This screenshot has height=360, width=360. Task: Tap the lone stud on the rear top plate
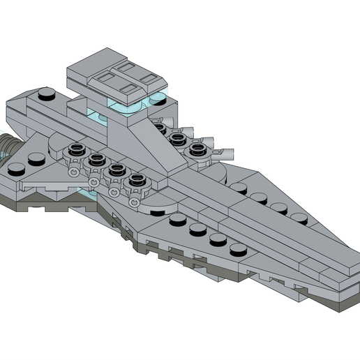pyautogui.click(x=47, y=93)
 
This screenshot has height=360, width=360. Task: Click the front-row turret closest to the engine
pyautogui.click(x=77, y=150)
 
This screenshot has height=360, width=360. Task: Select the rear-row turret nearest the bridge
pyautogui.click(x=159, y=127)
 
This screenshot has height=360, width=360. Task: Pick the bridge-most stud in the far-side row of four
pyautogui.click(x=241, y=187)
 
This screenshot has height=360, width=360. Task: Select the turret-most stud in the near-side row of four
pyautogui.click(x=177, y=220)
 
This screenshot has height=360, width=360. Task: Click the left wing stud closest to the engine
pyautogui.click(x=15, y=165)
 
